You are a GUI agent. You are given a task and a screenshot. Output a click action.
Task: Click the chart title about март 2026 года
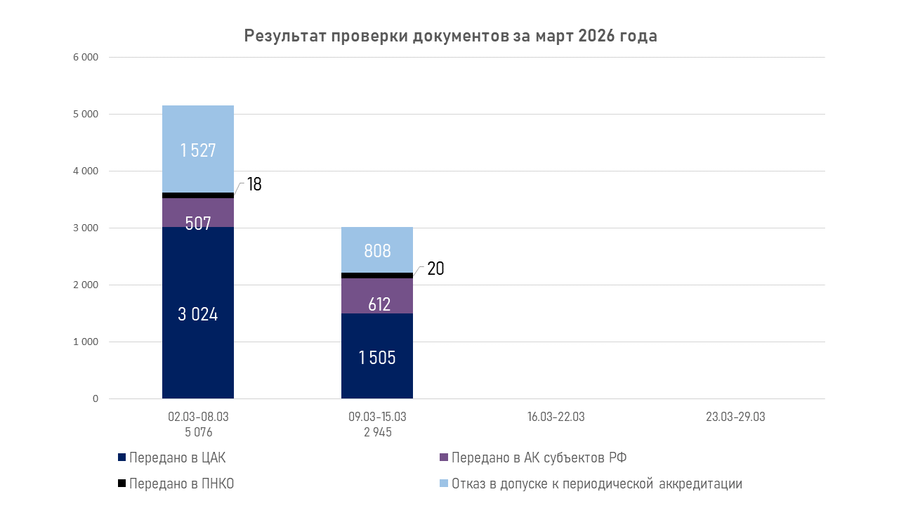click(x=450, y=37)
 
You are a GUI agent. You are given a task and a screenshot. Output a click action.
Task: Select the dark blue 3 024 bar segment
click(x=198, y=313)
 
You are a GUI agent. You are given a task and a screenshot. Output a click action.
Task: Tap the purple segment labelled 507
click(x=198, y=213)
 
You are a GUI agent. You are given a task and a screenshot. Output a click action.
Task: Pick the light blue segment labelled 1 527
click(x=198, y=149)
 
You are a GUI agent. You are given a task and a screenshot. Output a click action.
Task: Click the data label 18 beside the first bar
click(x=254, y=185)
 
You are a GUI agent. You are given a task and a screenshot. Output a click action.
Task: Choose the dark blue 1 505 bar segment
click(x=377, y=356)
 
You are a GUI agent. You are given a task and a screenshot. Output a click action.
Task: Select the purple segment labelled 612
click(x=377, y=296)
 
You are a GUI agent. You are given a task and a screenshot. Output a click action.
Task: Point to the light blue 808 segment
click(x=377, y=250)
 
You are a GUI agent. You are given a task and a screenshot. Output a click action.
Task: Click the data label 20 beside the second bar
click(x=435, y=268)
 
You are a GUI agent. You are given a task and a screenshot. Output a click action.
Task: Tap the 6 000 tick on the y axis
click(x=86, y=57)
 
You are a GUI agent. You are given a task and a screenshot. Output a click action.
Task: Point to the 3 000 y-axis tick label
click(x=86, y=228)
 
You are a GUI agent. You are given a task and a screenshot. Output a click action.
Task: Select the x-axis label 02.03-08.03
click(x=199, y=417)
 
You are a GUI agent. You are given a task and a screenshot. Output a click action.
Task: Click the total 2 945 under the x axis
click(x=377, y=432)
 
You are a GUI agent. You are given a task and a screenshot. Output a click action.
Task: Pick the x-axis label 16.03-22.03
click(x=556, y=417)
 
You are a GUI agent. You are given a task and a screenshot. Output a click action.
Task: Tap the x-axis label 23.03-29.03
click(x=735, y=417)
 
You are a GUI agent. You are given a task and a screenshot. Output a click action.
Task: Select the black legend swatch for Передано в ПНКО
click(x=122, y=484)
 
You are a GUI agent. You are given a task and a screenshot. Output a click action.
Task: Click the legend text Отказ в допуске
click(x=596, y=484)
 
